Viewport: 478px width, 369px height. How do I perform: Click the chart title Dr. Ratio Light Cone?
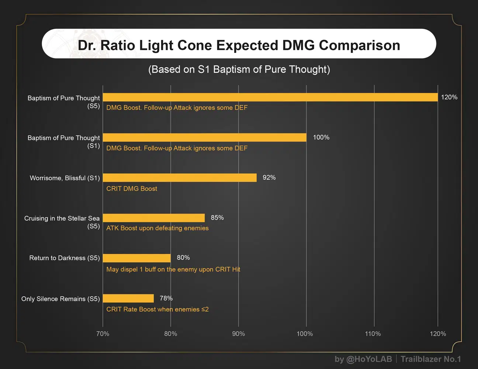point(239,45)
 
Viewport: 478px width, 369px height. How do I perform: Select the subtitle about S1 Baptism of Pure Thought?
point(239,69)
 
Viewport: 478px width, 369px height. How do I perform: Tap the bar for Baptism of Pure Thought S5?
point(270,97)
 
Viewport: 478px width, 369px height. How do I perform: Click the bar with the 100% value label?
point(204,137)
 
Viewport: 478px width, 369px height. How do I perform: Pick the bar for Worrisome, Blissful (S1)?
point(180,177)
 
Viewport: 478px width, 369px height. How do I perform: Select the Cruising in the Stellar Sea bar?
point(153,218)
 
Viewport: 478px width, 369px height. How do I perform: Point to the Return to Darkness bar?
point(136,258)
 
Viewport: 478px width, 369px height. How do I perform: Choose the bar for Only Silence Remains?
point(128,298)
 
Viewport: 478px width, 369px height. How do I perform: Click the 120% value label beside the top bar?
point(449,97)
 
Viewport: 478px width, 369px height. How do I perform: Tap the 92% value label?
point(269,177)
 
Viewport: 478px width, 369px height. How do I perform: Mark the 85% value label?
point(217,218)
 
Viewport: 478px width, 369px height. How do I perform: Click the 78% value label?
point(166,298)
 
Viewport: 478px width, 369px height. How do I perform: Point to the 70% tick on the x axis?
point(103,334)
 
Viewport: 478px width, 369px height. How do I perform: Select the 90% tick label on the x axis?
point(238,334)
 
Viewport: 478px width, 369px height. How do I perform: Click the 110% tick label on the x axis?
point(373,334)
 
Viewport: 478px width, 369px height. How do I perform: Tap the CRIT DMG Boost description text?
point(132,189)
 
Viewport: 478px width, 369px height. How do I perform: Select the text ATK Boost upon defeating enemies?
point(157,228)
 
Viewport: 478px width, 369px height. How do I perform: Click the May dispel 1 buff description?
point(173,269)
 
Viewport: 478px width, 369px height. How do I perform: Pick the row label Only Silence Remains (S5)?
point(60,299)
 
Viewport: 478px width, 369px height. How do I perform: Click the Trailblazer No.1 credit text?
point(430,359)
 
